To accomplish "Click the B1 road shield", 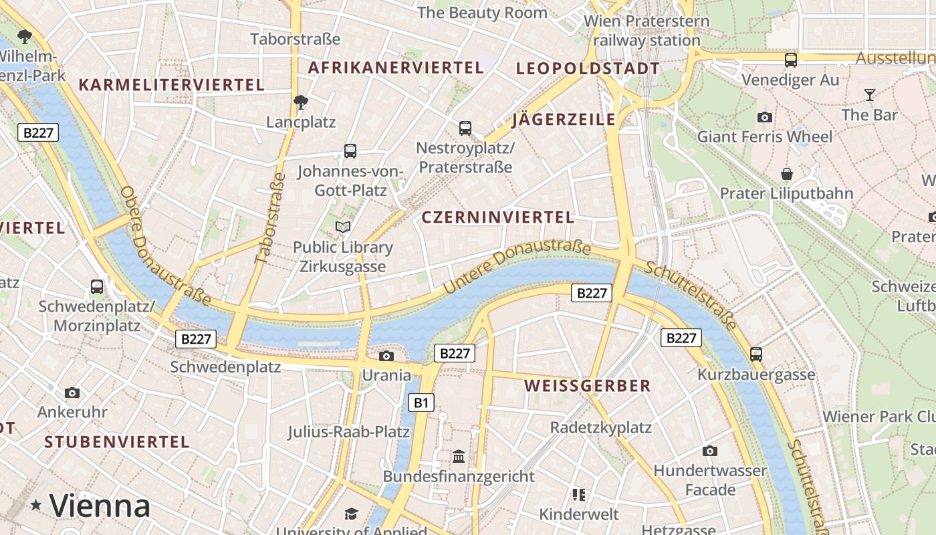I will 421,403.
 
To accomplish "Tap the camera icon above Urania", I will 386,356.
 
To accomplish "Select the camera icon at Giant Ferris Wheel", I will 765,118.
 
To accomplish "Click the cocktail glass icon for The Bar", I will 869,95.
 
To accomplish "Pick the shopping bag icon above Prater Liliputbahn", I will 787,174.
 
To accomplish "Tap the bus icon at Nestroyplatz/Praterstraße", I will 465,128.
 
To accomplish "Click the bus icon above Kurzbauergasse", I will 756,354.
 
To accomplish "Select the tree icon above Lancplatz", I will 301,102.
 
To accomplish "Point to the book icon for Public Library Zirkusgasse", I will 343,227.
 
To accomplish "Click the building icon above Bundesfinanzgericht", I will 459,457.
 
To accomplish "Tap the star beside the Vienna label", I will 36,505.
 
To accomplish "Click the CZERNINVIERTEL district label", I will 497,217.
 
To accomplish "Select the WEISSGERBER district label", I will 588,386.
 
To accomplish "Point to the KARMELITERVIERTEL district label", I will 172,85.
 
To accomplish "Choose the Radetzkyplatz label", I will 600,427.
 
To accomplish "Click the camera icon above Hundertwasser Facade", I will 710,451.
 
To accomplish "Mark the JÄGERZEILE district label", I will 564,120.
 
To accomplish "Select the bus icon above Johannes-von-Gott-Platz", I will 350,151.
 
